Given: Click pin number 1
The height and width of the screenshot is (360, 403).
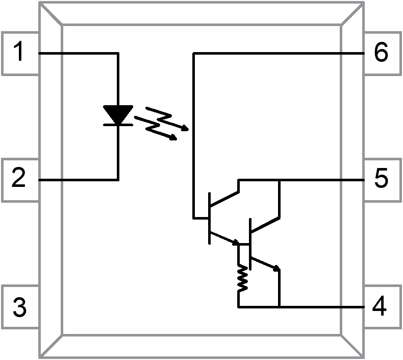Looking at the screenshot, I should (19, 53).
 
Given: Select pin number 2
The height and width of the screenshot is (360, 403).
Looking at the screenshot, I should (19, 178).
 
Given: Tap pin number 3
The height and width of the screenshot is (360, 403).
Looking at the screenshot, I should (19, 308).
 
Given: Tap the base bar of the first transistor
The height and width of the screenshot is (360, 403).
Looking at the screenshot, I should (209, 218).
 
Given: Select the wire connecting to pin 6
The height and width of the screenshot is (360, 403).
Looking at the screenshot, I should (275, 53).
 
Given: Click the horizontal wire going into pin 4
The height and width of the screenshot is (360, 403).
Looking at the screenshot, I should (321, 307).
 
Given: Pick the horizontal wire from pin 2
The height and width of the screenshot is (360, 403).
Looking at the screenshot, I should (77, 180).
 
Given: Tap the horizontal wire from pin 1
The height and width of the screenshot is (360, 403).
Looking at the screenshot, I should (77, 53).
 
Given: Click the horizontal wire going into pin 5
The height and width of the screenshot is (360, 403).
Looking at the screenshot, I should (321, 180).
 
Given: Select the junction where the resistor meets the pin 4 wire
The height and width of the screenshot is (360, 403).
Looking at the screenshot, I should (239, 307).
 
